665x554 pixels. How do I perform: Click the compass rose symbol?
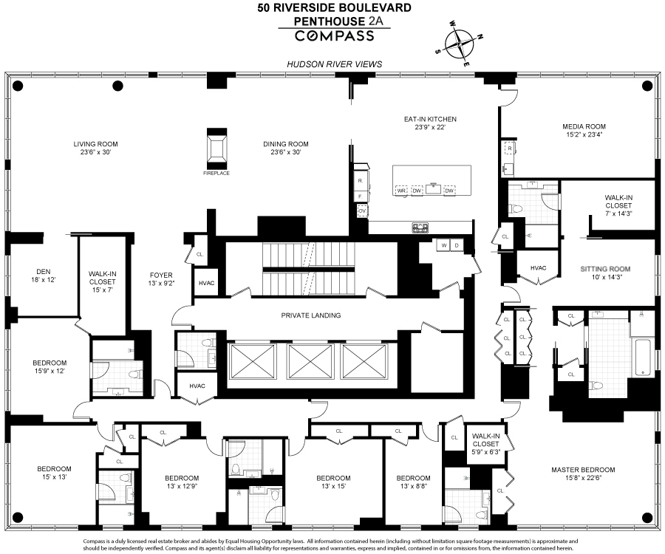(459, 44)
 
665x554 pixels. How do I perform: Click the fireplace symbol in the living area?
(216, 150)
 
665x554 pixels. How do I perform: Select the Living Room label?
(95, 148)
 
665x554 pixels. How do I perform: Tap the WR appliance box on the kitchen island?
(402, 191)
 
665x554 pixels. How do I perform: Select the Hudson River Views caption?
(335, 64)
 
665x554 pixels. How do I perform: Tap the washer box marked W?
(444, 245)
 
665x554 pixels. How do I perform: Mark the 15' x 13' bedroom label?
(55, 473)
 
